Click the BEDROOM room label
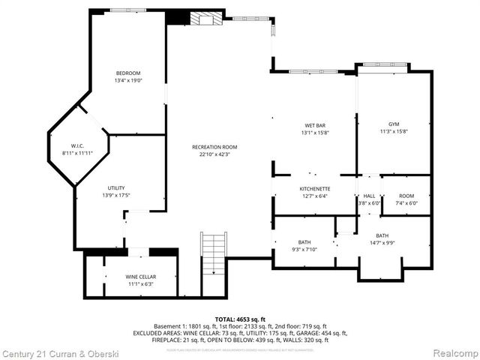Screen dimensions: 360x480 pos(128,73)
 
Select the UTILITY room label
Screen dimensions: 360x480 pos(115,187)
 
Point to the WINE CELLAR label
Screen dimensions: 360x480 pos(140,277)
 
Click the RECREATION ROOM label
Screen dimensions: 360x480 pos(214,147)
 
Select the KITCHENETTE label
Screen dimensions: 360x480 pos(315,188)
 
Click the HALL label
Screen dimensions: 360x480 pos(369,195)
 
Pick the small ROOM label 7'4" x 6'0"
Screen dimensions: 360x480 pos(406,195)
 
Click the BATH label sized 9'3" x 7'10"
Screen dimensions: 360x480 pos(304,241)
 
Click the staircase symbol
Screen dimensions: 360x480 pos(213,255)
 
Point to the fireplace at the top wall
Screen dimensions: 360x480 pos(205,18)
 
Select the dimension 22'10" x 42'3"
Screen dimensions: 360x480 pos(214,154)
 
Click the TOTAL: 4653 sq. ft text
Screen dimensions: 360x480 pos(240,319)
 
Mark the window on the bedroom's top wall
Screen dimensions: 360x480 pos(128,10)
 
